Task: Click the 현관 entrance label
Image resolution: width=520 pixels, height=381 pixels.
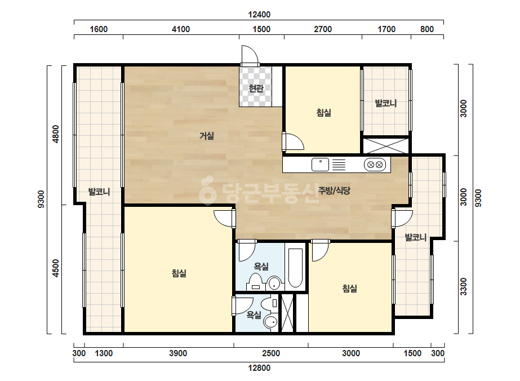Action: (256, 88)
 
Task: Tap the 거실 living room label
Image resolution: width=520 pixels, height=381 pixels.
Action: (207, 136)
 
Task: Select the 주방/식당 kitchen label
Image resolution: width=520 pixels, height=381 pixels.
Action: (334, 191)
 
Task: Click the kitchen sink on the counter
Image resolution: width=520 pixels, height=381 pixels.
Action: (320, 165)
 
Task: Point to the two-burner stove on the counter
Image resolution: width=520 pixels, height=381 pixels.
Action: (375, 165)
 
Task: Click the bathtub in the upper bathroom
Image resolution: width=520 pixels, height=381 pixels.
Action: (295, 268)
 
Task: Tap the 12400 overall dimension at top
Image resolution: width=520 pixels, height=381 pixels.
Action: (259, 15)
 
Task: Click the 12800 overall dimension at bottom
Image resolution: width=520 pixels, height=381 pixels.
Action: (259, 367)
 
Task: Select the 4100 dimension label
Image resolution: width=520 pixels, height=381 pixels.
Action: (181, 29)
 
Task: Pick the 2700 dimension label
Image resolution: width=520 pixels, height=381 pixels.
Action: (323, 29)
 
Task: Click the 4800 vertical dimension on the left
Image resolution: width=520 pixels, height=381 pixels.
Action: (56, 134)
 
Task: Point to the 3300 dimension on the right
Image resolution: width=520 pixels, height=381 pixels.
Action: (463, 287)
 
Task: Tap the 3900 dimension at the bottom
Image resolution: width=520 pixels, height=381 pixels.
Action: (178, 353)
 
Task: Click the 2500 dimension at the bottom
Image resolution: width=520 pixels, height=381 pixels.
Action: (271, 353)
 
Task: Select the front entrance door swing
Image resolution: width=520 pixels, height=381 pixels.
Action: (250, 55)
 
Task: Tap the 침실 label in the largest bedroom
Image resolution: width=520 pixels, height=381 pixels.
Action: (179, 273)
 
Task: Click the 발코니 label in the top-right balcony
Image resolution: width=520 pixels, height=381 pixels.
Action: (386, 103)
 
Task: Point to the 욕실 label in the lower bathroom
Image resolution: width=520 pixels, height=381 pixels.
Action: (254, 315)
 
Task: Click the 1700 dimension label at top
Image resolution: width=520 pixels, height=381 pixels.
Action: (386, 29)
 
